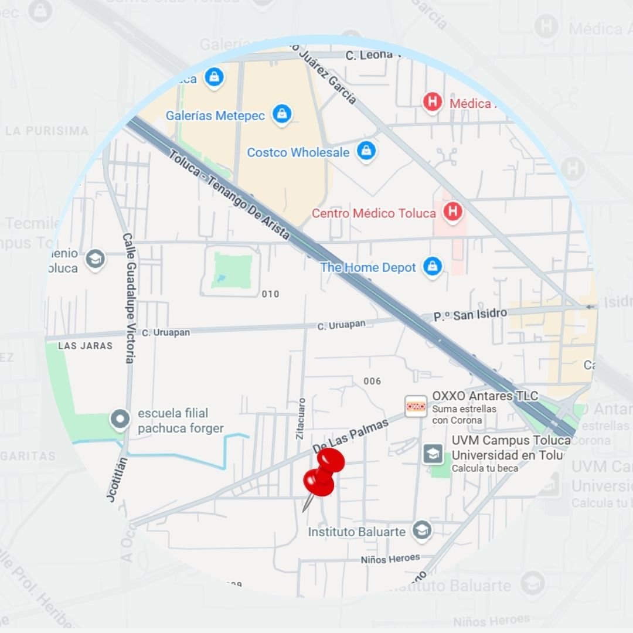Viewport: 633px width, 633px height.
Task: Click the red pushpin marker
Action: click(x=323, y=472)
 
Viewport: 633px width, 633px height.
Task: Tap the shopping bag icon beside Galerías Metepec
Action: click(x=282, y=115)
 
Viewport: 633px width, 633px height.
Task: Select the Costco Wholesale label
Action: click(x=298, y=152)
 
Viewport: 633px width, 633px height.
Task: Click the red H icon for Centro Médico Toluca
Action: click(x=452, y=212)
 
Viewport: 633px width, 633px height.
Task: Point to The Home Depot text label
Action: click(x=367, y=268)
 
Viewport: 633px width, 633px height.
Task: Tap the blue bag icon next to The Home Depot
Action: click(x=433, y=267)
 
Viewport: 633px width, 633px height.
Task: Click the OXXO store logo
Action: click(x=416, y=405)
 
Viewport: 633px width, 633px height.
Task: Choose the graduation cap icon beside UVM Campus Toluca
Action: click(x=433, y=453)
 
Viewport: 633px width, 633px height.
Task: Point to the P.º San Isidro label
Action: click(x=470, y=315)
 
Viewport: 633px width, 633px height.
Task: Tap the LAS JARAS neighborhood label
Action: click(x=85, y=346)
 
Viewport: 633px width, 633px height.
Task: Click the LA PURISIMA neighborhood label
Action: click(x=47, y=131)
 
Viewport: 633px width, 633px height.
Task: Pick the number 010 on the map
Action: click(x=270, y=294)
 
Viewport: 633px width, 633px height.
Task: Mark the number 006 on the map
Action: click(x=372, y=382)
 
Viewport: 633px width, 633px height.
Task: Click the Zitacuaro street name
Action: click(x=301, y=419)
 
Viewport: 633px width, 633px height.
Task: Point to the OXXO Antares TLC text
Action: click(x=485, y=396)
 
